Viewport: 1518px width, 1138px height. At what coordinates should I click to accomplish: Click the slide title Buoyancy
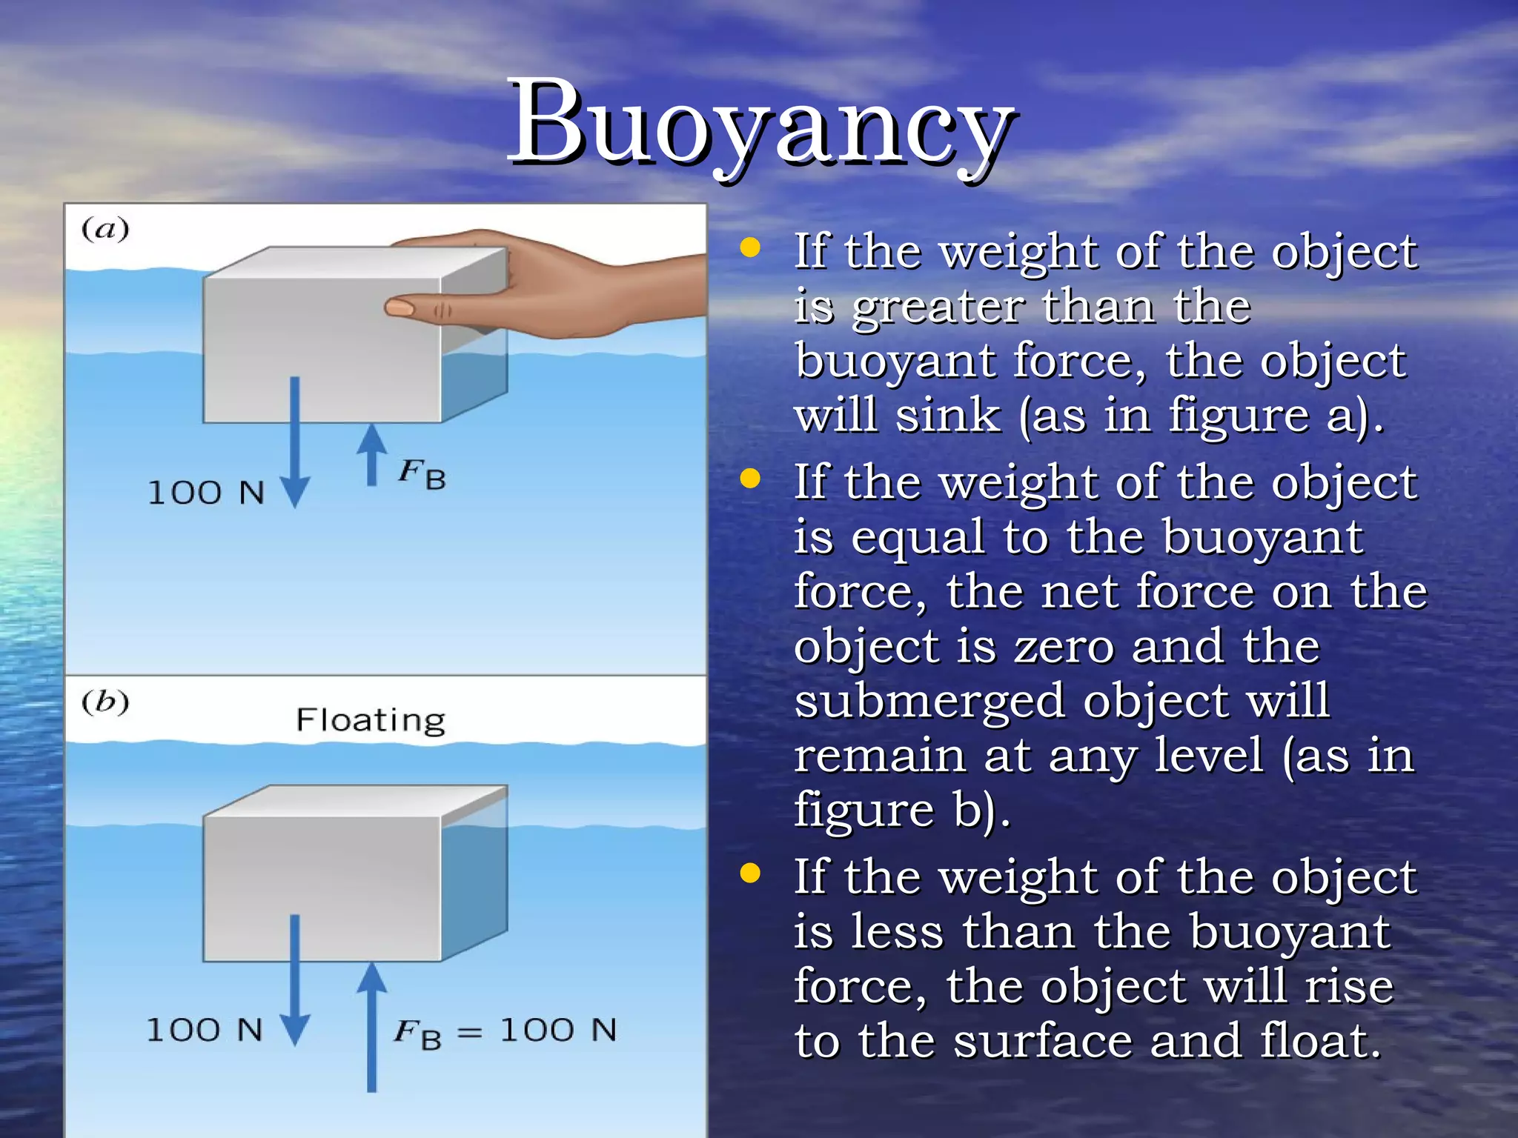tap(762, 122)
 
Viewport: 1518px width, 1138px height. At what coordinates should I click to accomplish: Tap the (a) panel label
tap(105, 229)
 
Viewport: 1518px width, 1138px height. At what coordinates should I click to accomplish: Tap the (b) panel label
tap(105, 701)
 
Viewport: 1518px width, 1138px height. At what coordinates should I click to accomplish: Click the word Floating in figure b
tap(371, 720)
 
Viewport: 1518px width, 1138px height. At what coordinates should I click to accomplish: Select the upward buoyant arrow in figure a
tap(371, 453)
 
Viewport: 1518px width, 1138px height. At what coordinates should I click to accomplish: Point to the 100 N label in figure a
tap(206, 493)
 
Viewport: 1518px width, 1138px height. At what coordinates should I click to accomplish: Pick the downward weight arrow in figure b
tap(295, 978)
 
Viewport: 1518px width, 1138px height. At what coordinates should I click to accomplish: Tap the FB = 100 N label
tap(505, 1031)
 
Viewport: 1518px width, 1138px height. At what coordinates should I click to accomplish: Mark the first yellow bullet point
tap(751, 248)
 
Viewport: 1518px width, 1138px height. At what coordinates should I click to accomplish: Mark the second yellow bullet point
tap(751, 479)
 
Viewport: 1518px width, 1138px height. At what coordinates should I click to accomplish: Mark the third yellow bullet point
tap(751, 874)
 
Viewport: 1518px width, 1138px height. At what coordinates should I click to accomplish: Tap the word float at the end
tap(1319, 1041)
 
